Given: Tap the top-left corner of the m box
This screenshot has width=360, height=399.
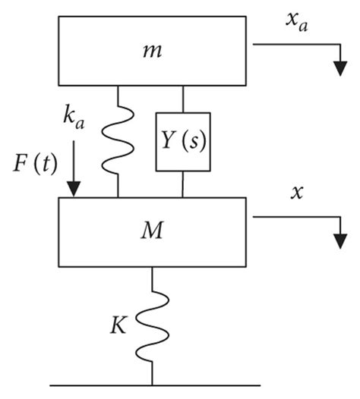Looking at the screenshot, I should coord(58,17).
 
